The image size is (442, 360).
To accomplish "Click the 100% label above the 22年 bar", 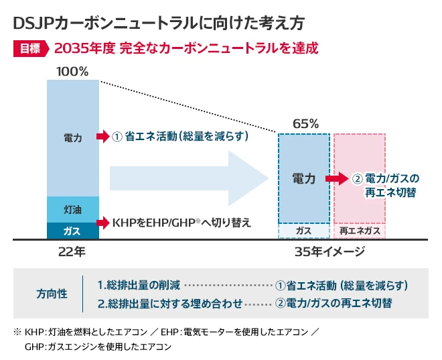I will pyautogui.click(x=72, y=71).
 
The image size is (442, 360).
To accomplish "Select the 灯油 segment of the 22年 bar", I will pyautogui.click(x=72, y=210).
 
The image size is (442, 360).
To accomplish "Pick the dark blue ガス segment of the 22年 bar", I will pyautogui.click(x=72, y=231).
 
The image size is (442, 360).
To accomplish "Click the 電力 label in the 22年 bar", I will pyautogui.click(x=72, y=137).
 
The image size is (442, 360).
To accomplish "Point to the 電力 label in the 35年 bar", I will pyautogui.click(x=304, y=179).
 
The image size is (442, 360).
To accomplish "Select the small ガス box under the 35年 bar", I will pyautogui.click(x=304, y=231).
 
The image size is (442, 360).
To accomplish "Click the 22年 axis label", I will pyautogui.click(x=72, y=252).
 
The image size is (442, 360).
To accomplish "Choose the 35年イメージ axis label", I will pyautogui.click(x=329, y=252).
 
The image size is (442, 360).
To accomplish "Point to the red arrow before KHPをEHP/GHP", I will pyautogui.click(x=102, y=222).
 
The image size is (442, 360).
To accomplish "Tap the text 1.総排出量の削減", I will pyautogui.click(x=138, y=285).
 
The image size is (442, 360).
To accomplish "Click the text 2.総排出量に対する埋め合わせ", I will pyautogui.click(x=169, y=303).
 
